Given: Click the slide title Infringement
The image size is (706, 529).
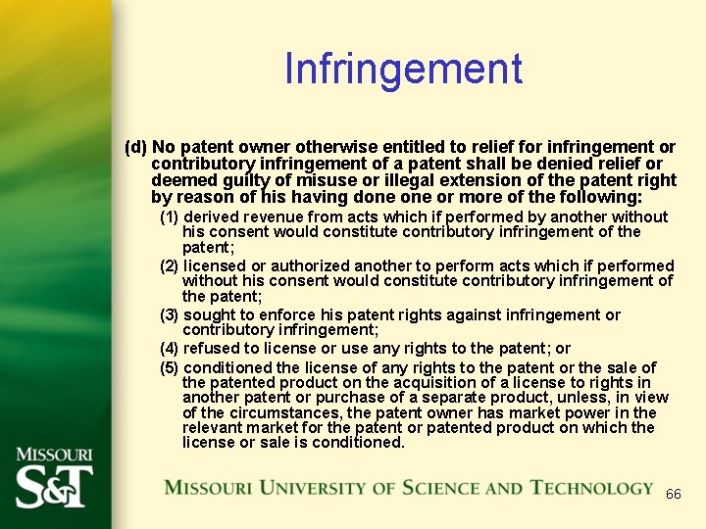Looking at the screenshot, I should click(x=403, y=70).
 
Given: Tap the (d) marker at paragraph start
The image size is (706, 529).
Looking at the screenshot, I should click(x=135, y=147).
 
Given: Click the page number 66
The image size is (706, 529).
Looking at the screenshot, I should click(x=673, y=494).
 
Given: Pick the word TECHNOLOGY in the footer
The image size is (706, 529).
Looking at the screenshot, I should click(x=591, y=488).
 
